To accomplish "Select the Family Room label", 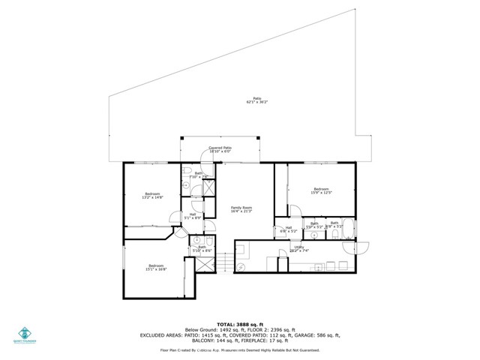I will tap(241, 209).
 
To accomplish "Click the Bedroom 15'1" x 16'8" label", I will tap(156, 268).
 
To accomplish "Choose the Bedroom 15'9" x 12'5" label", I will tap(321, 190).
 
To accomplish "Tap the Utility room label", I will tap(298, 248).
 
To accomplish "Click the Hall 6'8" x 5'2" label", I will tap(288, 230).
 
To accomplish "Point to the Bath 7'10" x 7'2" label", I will tap(199, 175).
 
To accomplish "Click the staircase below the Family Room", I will tap(220, 262).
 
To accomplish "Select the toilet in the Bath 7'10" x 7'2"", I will tap(187, 169).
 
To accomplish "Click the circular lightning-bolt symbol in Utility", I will tap(241, 266).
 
